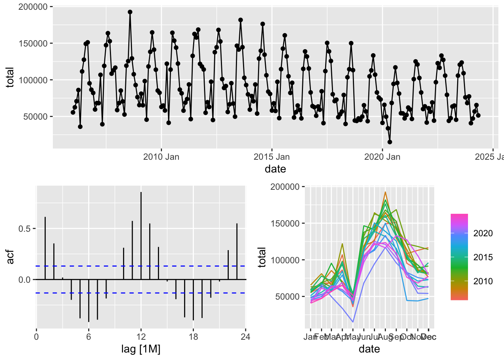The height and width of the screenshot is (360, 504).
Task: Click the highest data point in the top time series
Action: [130, 12]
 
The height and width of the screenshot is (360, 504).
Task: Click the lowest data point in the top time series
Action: [390, 142]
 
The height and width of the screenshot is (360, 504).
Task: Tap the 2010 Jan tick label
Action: [161, 157]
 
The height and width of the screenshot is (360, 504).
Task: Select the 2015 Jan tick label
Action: [272, 157]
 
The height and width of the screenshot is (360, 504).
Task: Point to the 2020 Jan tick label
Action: [382, 157]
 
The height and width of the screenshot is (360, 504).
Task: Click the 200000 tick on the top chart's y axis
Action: [33, 7]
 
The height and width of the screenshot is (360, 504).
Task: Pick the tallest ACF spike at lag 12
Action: [141, 225]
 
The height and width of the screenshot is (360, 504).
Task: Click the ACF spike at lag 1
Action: [45, 247]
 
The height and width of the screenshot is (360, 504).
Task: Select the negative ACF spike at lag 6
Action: [88, 300]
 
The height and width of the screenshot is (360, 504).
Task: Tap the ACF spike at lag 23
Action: [237, 251]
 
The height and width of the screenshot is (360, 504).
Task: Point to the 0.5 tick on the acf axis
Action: [25, 229]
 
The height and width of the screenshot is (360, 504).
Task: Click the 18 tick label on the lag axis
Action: [193, 337]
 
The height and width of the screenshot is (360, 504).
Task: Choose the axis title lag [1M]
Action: [141, 349]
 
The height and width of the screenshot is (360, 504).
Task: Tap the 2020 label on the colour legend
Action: [483, 233]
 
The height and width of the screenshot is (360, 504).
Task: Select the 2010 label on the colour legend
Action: [483, 281]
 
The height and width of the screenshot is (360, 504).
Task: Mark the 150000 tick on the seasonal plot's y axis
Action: [285, 223]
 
